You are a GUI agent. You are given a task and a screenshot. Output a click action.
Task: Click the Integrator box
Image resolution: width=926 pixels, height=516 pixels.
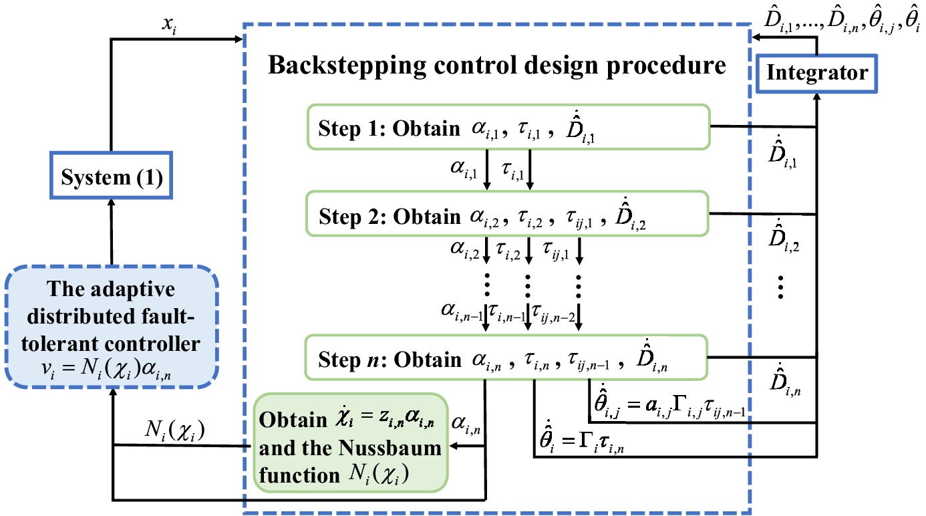click(x=816, y=73)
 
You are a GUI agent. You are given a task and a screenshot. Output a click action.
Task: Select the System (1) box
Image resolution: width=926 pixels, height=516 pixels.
click(x=111, y=175)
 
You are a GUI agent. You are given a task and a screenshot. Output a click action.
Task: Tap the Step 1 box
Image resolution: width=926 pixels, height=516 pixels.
click(x=508, y=127)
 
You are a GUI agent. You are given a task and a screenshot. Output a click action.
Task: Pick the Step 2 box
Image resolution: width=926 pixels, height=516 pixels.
click(x=507, y=213)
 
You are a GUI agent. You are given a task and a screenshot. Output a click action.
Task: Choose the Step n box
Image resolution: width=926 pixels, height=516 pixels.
click(x=506, y=357)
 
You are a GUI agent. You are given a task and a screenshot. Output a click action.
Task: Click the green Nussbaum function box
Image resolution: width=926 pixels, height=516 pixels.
click(x=351, y=443)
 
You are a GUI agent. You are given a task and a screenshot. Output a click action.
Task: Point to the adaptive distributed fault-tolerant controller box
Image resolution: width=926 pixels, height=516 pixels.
click(x=112, y=327)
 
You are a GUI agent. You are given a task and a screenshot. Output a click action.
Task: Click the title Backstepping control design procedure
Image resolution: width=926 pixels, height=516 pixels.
click(x=497, y=66)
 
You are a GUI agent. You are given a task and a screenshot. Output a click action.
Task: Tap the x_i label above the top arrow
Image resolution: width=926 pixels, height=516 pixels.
click(x=170, y=25)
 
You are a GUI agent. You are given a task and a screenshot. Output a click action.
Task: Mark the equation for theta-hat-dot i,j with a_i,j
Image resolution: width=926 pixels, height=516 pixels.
click(x=669, y=403)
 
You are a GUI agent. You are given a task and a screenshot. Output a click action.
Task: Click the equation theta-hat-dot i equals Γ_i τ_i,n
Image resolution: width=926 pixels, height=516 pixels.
click(x=582, y=440)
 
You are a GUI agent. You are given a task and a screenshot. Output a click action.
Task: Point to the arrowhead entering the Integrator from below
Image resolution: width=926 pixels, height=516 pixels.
click(x=817, y=97)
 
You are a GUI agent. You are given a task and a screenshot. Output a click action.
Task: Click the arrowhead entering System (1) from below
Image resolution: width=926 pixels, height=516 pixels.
click(x=111, y=203)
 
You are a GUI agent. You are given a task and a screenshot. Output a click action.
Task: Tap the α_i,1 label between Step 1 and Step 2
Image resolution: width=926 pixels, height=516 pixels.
click(x=464, y=169)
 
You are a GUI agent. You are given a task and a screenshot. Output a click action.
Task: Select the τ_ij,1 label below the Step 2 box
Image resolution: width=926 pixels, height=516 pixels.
click(x=556, y=251)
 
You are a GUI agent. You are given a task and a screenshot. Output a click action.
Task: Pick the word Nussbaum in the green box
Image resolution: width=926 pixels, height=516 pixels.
click(x=390, y=448)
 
